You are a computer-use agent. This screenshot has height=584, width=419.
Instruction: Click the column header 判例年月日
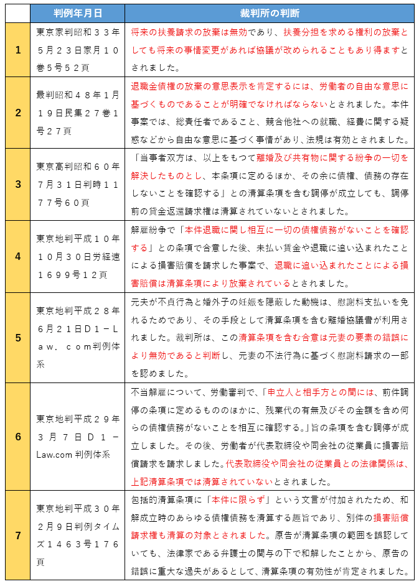click(x=78, y=13)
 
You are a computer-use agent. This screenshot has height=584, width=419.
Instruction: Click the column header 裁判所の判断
click(x=269, y=13)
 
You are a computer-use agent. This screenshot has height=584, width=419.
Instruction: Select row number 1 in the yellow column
click(x=18, y=50)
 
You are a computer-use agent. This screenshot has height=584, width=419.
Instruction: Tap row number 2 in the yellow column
click(x=18, y=113)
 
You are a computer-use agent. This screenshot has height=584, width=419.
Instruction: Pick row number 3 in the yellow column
click(x=18, y=185)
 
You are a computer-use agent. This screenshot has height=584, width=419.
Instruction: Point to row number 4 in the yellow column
click(x=18, y=256)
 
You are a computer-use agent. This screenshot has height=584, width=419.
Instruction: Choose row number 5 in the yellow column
click(x=18, y=338)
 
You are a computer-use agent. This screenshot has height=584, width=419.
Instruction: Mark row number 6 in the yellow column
click(x=18, y=437)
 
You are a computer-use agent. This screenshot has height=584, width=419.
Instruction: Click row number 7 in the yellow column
click(x=18, y=535)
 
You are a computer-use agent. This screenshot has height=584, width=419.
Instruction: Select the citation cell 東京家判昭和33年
click(x=78, y=50)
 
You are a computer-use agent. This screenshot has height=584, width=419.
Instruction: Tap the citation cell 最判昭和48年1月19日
click(x=78, y=113)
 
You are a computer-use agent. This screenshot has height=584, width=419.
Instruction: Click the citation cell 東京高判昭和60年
click(x=78, y=185)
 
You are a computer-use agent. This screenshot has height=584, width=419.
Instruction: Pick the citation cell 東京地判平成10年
click(x=78, y=256)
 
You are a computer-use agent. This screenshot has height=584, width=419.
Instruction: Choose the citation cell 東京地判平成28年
click(x=78, y=338)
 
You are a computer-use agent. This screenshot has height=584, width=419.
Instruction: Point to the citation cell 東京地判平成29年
click(x=78, y=437)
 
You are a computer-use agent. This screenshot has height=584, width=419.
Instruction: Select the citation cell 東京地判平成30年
click(x=78, y=535)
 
